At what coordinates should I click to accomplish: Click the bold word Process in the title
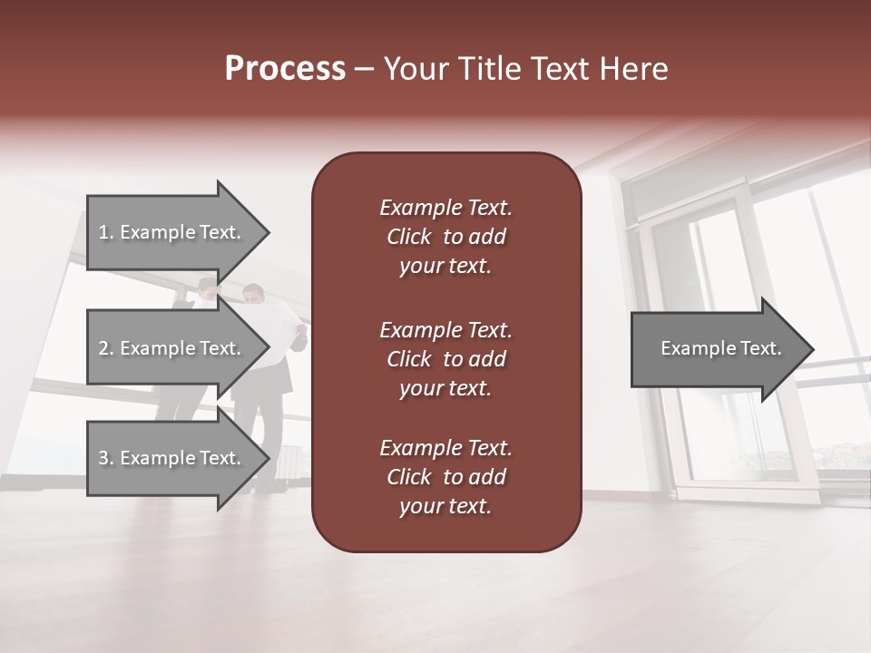(x=285, y=69)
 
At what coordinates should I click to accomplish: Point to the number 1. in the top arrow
(x=106, y=232)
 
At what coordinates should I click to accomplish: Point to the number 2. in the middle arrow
(x=106, y=348)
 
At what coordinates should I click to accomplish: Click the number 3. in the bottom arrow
(x=106, y=458)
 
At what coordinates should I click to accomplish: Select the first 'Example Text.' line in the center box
(x=445, y=208)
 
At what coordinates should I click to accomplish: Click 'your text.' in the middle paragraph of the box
(x=445, y=388)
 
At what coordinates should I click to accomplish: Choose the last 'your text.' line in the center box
(x=445, y=506)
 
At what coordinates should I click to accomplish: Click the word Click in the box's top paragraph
(x=409, y=237)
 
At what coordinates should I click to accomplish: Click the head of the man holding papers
(x=253, y=295)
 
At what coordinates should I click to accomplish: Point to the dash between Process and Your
(x=365, y=69)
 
